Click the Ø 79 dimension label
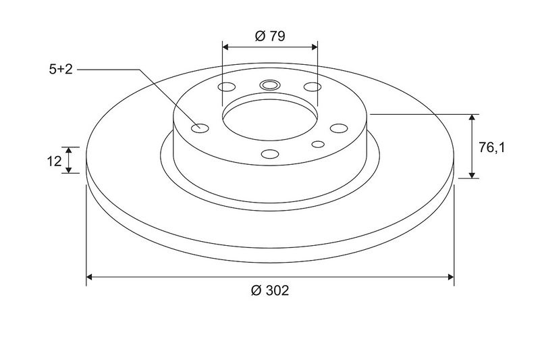coord(270,36)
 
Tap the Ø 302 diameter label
coord(270,290)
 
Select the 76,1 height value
coord(491,148)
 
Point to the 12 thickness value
coord(54,161)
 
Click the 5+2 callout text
coord(61,70)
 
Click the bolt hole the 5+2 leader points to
coord(200,128)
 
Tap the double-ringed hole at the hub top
coord(269,84)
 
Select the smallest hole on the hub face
coord(318,144)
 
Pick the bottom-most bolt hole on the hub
coord(270,154)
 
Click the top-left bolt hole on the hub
coord(227,87)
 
